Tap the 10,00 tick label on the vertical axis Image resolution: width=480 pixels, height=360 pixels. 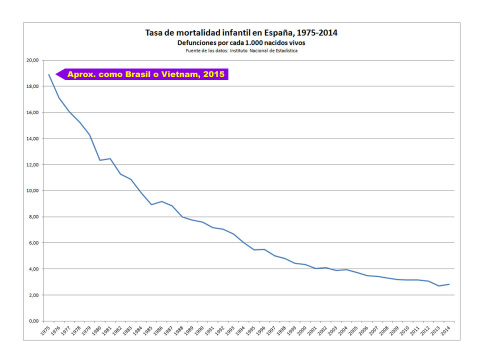(x=31, y=190)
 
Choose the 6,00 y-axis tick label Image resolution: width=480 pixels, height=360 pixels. (x=32, y=242)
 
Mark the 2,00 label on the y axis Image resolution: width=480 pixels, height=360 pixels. (x=32, y=295)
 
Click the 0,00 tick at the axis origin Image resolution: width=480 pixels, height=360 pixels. (x=32, y=321)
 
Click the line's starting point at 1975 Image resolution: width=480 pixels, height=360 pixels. (x=49, y=75)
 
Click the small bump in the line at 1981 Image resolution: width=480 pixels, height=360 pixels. (x=110, y=158)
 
